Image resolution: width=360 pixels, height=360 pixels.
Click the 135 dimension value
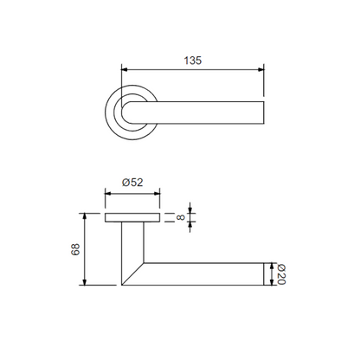[193, 61]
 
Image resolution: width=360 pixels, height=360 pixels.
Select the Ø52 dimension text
[132, 183]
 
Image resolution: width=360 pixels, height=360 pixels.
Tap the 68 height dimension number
[75, 249]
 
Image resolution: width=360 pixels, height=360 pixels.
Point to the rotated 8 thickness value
[181, 217]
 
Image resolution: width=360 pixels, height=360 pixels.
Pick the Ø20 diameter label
[281, 274]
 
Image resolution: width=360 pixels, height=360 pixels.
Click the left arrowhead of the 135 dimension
[125, 69]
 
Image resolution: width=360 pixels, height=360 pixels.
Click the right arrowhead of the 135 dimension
[260, 69]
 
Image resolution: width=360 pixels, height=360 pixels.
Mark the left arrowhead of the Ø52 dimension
[108, 193]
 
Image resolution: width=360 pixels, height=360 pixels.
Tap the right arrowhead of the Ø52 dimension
[157, 193]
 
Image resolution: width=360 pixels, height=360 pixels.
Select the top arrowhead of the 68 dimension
[85, 216]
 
